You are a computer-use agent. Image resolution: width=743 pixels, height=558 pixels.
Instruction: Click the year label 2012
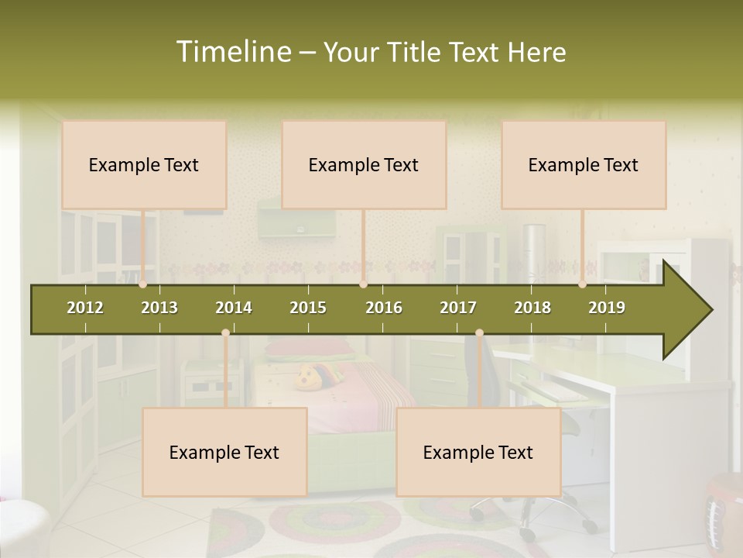[x=85, y=308]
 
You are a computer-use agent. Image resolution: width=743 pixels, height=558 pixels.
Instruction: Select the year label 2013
[x=159, y=308]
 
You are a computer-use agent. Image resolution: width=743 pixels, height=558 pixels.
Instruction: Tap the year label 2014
[x=234, y=308]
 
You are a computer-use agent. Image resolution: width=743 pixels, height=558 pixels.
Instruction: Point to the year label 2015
[x=308, y=308]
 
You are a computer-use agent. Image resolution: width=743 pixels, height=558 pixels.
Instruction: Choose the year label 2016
[x=384, y=308]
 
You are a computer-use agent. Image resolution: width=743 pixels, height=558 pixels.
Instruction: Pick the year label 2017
[x=458, y=308]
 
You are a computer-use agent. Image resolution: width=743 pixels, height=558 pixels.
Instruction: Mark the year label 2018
[x=532, y=308]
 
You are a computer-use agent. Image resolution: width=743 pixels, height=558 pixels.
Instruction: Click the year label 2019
[x=607, y=308]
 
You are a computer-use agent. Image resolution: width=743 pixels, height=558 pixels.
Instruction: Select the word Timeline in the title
[x=232, y=52]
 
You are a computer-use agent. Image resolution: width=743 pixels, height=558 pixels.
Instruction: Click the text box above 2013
[x=144, y=164]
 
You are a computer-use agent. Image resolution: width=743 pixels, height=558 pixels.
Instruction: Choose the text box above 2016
[x=364, y=164]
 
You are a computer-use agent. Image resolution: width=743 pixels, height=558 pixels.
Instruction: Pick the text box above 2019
[x=584, y=164]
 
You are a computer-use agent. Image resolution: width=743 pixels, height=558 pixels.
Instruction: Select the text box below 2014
[x=224, y=452]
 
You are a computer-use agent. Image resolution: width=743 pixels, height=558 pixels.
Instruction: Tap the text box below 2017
[x=478, y=452]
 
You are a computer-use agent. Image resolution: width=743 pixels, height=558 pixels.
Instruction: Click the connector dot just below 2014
[x=225, y=332]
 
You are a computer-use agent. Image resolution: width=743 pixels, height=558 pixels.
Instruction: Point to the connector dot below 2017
[x=479, y=332]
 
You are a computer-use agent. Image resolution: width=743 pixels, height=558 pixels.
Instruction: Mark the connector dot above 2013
[x=143, y=284]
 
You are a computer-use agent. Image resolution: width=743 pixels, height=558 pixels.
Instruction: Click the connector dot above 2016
[x=363, y=284]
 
